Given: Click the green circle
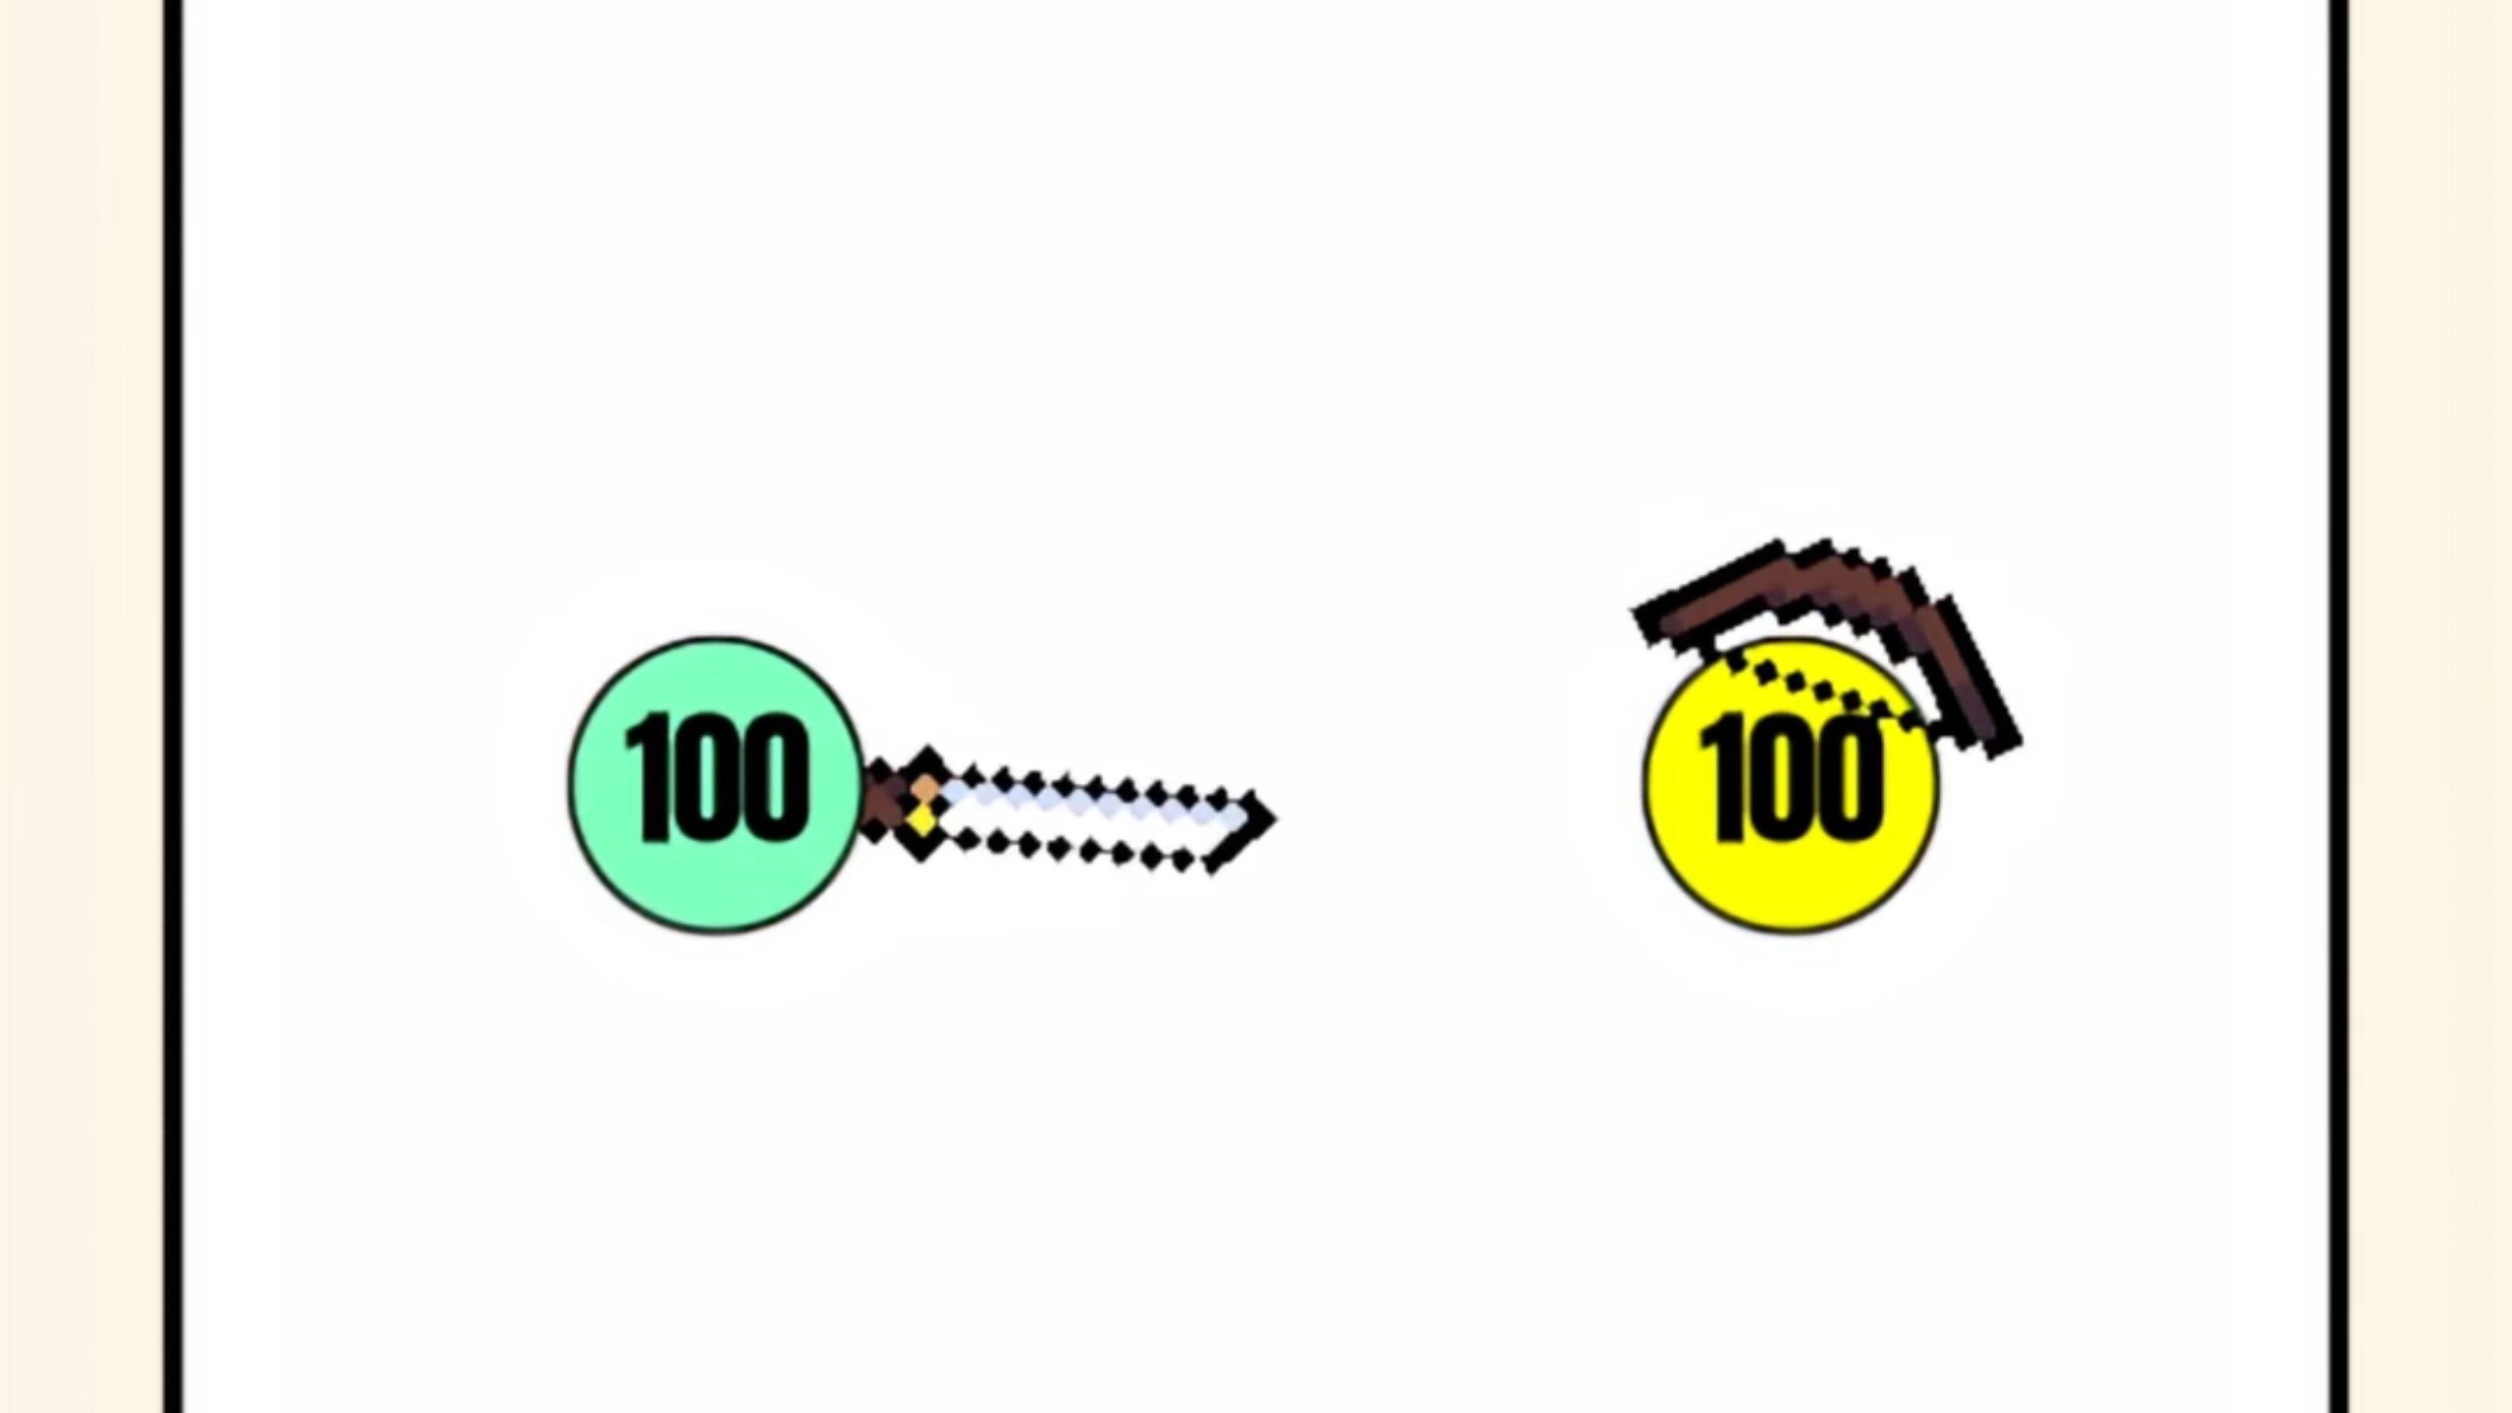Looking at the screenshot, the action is [x=715, y=785].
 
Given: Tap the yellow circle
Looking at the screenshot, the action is [x=1791, y=785].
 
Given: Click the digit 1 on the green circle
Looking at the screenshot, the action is [x=649, y=777].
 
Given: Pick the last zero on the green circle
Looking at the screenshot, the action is [x=777, y=777].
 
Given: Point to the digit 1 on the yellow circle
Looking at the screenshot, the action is [x=1724, y=779].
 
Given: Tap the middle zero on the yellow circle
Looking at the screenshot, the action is [x=1785, y=779].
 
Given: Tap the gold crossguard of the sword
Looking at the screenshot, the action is [x=922, y=805].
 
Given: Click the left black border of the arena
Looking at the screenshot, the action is [x=173, y=706].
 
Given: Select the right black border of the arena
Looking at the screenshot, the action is [x=2339, y=706].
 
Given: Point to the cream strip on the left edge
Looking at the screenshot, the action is [x=81, y=706].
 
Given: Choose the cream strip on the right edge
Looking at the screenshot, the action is [x=2432, y=706].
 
